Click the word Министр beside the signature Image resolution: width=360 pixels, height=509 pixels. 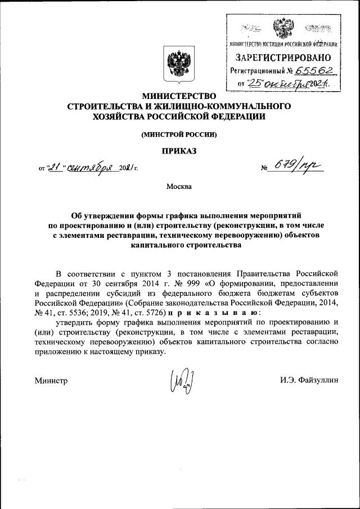51,381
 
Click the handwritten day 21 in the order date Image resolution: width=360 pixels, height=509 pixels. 54,166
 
